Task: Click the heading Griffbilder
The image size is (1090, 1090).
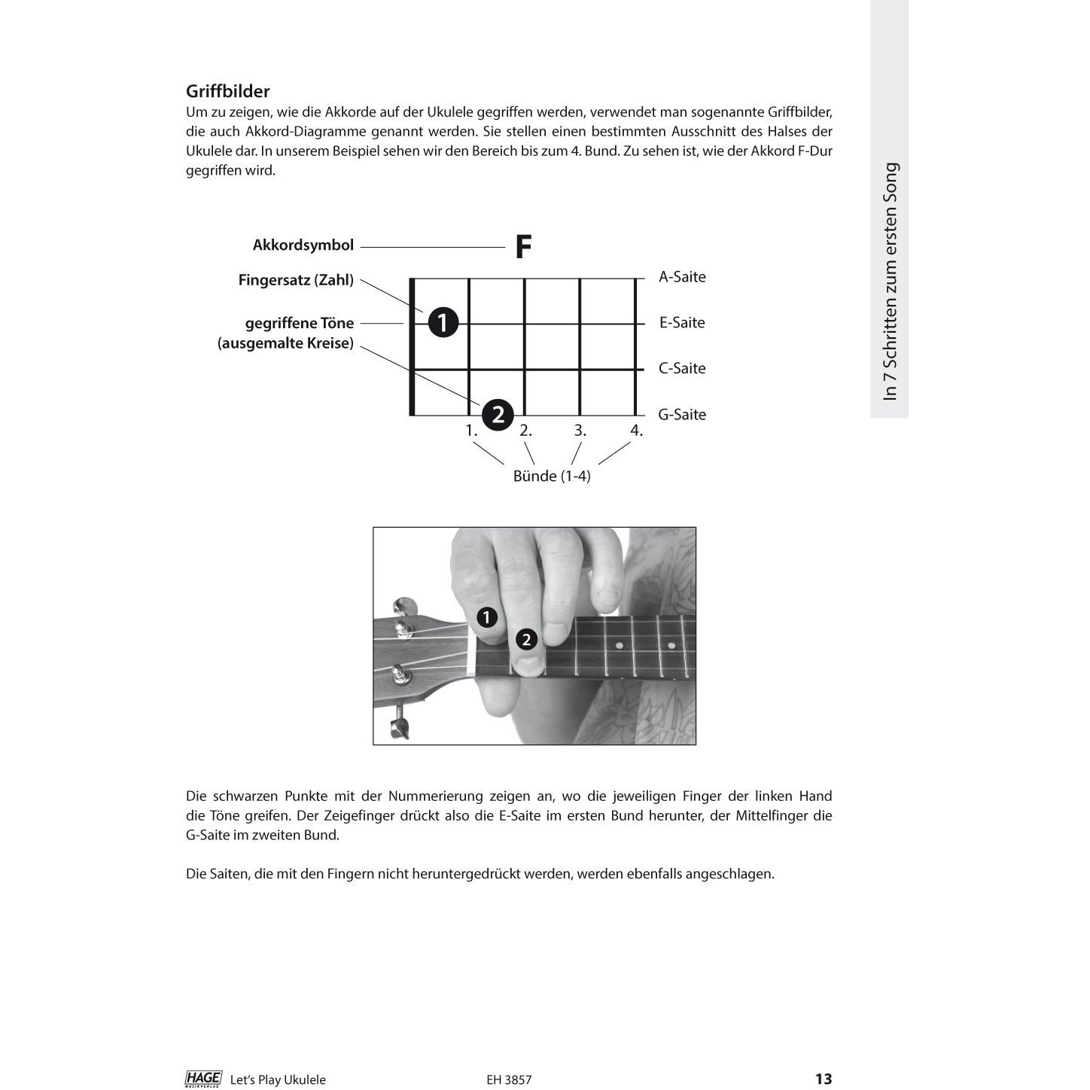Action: coord(227,91)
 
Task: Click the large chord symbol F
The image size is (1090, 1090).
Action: coord(523,247)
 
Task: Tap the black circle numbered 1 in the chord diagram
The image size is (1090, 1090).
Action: coord(443,323)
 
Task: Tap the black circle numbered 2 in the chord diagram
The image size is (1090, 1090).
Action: coord(498,414)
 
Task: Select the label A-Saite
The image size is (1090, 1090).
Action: coord(682,277)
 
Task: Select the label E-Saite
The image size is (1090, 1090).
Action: coord(682,323)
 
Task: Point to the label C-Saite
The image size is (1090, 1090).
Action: coord(682,369)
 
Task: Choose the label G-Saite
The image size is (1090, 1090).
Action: coord(682,415)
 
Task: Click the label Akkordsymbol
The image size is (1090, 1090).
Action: coord(303,245)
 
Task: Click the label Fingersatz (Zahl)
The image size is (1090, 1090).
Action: coord(296,280)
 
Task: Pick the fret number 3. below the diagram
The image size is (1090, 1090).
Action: coord(580,431)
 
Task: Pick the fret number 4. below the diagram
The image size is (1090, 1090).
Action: coord(637,431)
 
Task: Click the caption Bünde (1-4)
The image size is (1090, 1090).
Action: coord(552,476)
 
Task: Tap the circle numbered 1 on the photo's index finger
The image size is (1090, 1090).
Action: coord(487,618)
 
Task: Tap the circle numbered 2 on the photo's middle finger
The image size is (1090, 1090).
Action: coord(526,640)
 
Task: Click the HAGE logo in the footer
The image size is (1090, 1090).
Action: coord(203,1079)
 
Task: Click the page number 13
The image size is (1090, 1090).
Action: coord(824,1079)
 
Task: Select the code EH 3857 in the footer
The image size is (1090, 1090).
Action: coord(509,1079)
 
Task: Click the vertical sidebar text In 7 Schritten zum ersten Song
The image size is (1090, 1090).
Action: coord(891,282)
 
